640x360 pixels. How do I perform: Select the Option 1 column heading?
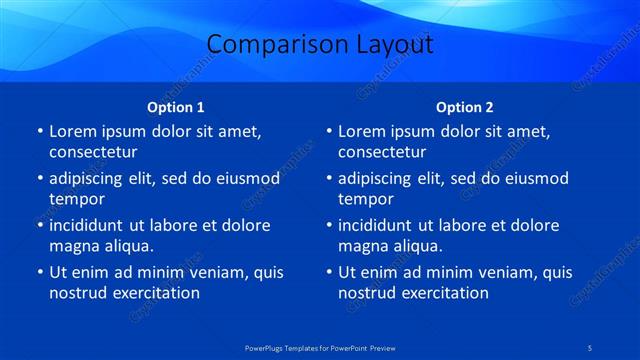point(176,107)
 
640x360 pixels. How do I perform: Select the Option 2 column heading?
point(465,107)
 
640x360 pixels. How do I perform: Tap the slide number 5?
point(591,347)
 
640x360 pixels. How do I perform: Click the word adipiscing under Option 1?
point(91,178)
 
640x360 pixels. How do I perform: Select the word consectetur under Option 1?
point(93,152)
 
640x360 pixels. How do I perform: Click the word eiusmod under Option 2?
point(531,178)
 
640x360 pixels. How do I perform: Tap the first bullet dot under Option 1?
point(39,131)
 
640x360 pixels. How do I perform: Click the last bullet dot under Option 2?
point(328,272)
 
